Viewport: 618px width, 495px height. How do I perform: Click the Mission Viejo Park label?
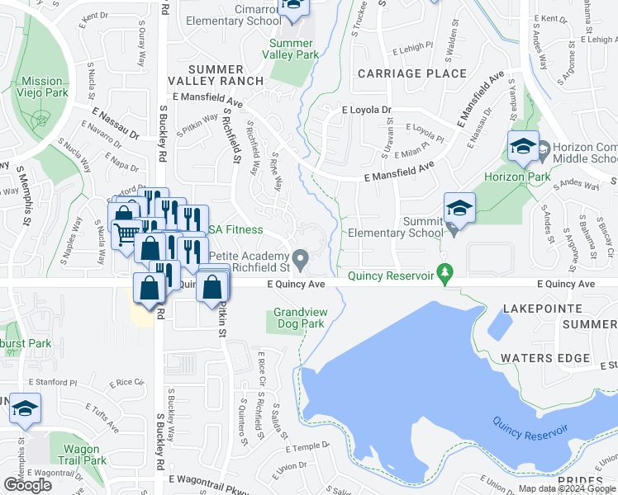(x=42, y=87)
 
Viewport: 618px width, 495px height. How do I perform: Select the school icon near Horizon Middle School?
(x=522, y=148)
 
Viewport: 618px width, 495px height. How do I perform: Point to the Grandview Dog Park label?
(x=298, y=318)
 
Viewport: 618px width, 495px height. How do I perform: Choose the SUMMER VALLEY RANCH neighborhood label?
(x=215, y=74)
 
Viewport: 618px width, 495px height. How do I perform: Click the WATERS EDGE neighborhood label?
(x=545, y=358)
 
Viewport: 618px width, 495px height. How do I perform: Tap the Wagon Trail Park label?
(x=84, y=455)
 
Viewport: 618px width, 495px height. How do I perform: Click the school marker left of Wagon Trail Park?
(x=26, y=408)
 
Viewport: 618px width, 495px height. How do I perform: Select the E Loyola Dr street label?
(x=366, y=109)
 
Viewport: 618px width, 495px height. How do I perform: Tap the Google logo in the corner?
(x=27, y=485)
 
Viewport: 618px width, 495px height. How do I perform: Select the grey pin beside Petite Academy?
(x=302, y=259)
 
